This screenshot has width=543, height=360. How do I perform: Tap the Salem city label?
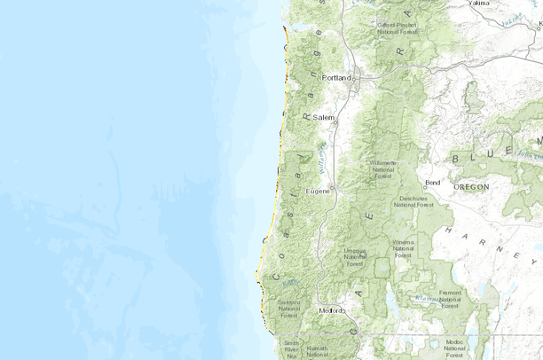click(x=323, y=117)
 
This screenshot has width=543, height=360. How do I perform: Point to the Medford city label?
click(x=333, y=311)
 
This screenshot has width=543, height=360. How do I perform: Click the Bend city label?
click(x=432, y=183)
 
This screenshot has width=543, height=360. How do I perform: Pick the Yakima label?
click(x=453, y=4)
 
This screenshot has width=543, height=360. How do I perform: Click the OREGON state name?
click(x=470, y=188)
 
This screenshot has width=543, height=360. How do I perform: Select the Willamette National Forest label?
click(x=383, y=169)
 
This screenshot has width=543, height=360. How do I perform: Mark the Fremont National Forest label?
click(x=449, y=298)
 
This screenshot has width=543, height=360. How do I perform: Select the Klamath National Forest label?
click(x=318, y=352)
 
